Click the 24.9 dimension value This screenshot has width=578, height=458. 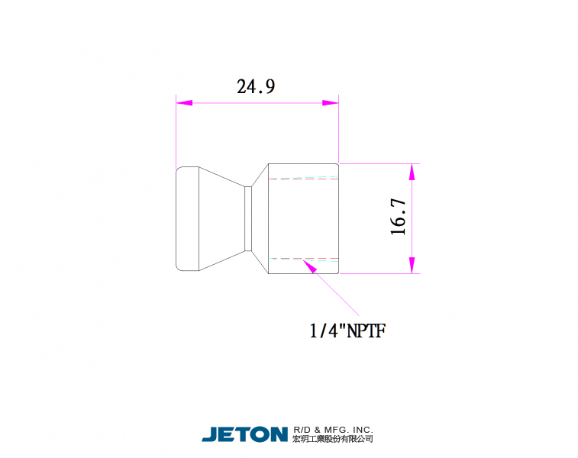click(256, 86)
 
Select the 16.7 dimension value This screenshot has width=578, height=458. click(398, 217)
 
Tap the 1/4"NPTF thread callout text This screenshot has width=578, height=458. click(347, 331)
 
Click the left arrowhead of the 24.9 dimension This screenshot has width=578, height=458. click(184, 103)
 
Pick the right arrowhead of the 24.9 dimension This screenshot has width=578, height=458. click(331, 103)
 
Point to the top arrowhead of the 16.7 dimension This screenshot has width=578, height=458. click(412, 172)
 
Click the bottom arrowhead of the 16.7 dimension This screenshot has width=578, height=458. click(412, 266)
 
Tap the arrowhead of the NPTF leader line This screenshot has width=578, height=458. click(310, 266)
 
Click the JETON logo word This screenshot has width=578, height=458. click(245, 434)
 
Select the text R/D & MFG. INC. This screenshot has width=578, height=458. click(333, 430)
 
